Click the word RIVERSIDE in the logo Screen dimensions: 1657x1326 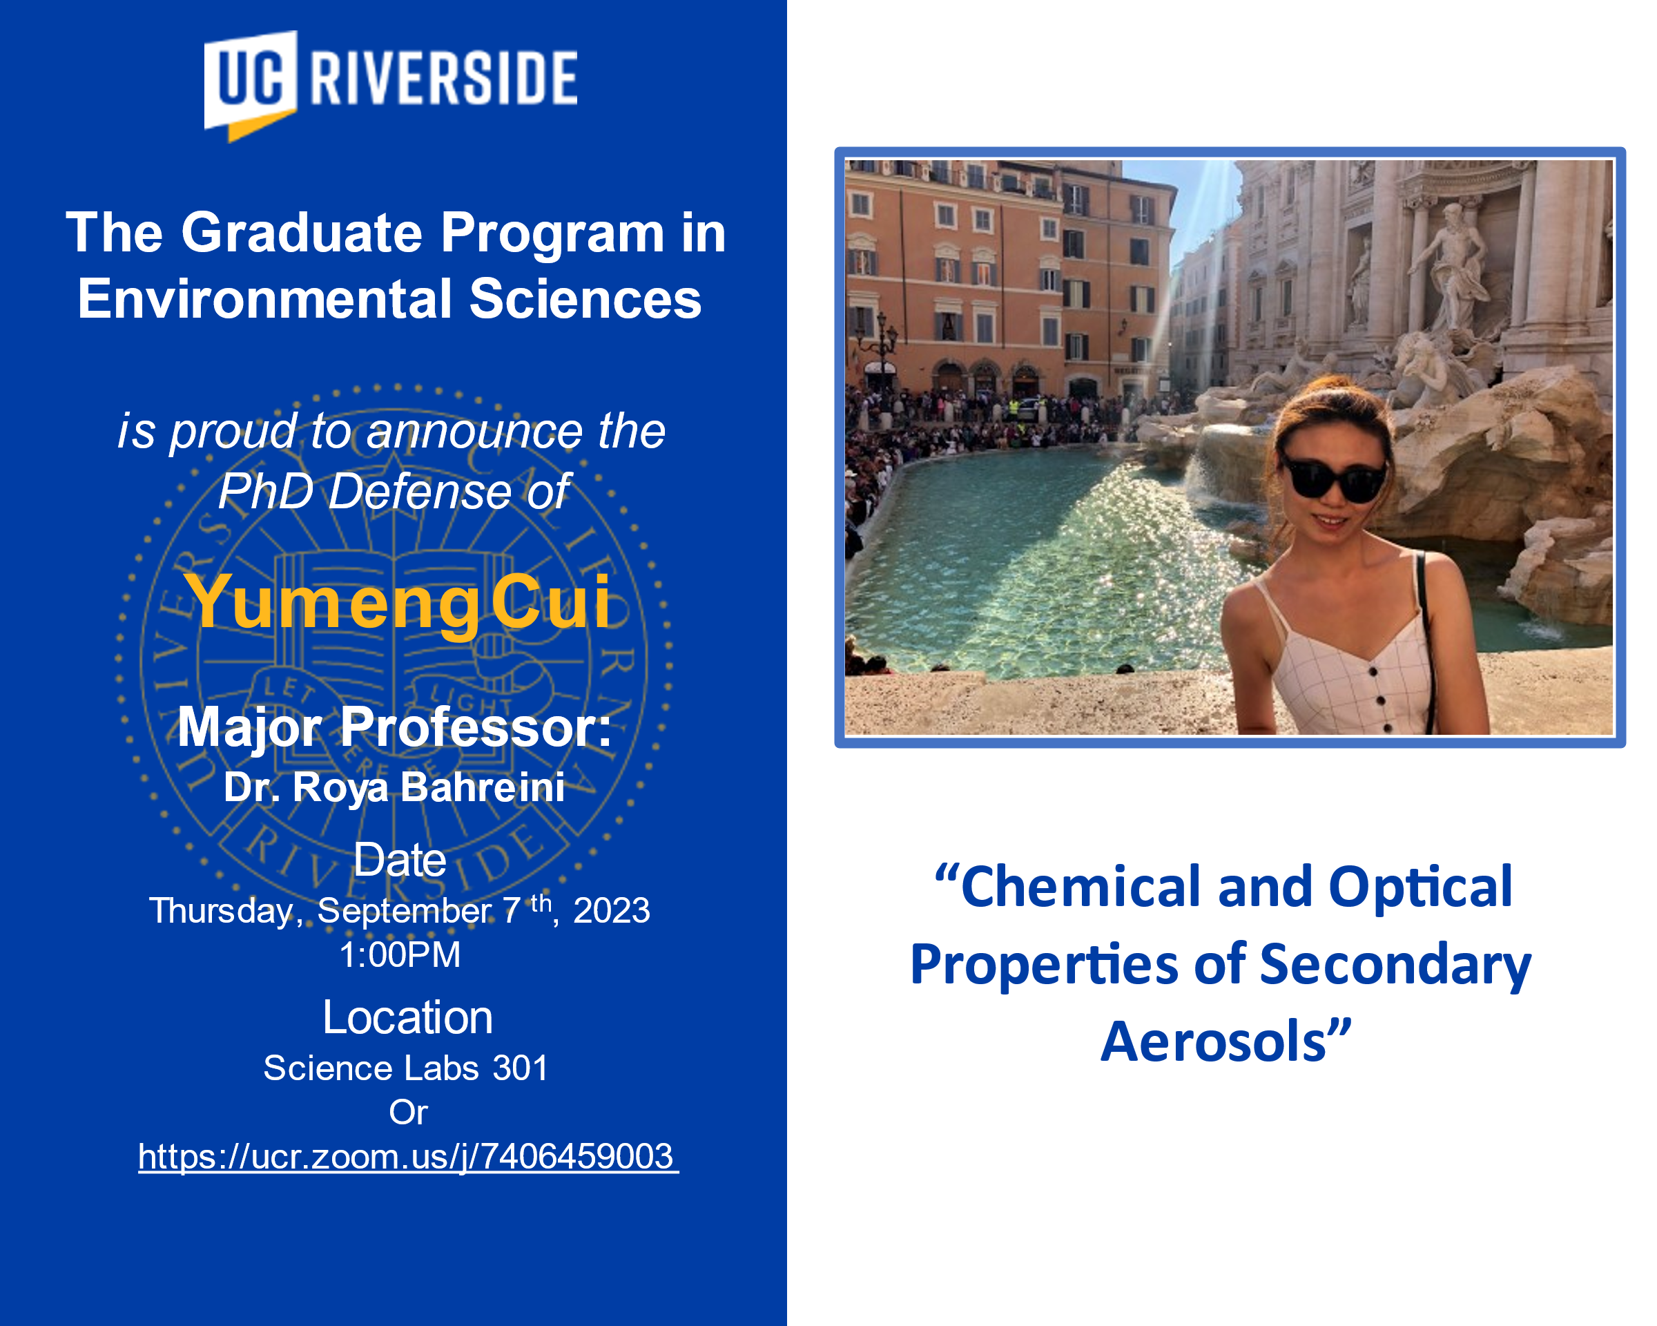tap(443, 77)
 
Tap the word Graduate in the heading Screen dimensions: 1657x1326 tap(301, 232)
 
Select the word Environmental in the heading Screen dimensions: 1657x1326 tap(264, 298)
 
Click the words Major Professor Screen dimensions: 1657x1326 tap(394, 727)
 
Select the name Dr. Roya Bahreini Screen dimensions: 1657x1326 tap(394, 788)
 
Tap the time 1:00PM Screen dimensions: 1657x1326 tap(400, 954)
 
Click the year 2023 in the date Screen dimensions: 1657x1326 tap(612, 911)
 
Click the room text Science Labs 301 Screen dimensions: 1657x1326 tap(406, 1068)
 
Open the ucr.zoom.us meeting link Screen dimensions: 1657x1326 tap(408, 1157)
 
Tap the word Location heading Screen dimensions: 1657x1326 tap(407, 1017)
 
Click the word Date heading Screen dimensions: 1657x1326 tap(400, 859)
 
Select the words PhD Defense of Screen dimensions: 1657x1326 tap(394, 491)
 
